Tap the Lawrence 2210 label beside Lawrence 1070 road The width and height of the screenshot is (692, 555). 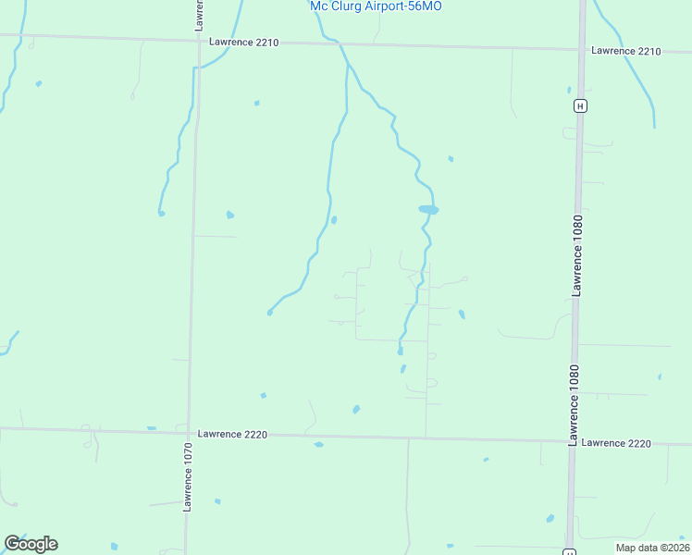click(x=243, y=43)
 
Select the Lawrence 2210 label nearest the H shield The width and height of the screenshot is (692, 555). click(x=626, y=51)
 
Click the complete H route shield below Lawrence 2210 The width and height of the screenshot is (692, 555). click(x=579, y=105)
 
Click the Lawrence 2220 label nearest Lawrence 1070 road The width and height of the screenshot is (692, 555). click(x=232, y=434)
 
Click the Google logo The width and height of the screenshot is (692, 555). click(x=31, y=544)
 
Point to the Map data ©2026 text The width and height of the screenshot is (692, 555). click(x=651, y=547)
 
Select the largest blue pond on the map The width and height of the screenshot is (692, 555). click(x=427, y=210)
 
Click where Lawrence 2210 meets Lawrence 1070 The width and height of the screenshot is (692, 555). click(x=197, y=40)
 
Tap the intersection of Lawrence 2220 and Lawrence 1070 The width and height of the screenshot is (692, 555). click(x=189, y=432)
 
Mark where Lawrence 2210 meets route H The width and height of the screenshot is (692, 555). click(x=582, y=49)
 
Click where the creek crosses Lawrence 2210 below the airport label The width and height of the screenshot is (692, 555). click(x=340, y=44)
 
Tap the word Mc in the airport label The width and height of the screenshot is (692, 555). click(x=319, y=6)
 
